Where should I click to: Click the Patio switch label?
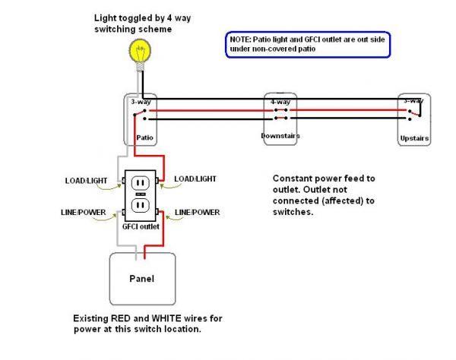pyautogui.click(x=146, y=137)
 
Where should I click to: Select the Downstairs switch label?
pyautogui.click(x=281, y=135)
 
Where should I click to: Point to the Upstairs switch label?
pyautogui.click(x=414, y=139)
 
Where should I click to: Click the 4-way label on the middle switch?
pyautogui.click(x=280, y=101)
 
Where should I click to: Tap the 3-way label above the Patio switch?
pyautogui.click(x=139, y=101)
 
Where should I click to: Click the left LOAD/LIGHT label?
pyautogui.click(x=87, y=181)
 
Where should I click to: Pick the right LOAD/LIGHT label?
pyautogui.click(x=195, y=178)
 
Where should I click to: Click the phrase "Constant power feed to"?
pyautogui.click(x=324, y=178)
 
